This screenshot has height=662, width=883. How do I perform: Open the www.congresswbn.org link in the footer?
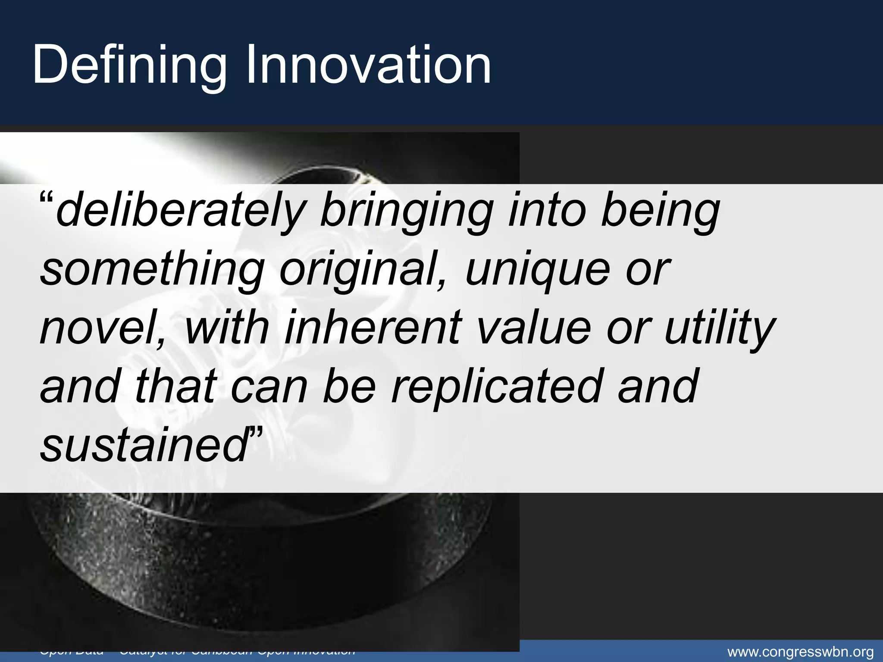pyautogui.click(x=800, y=652)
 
